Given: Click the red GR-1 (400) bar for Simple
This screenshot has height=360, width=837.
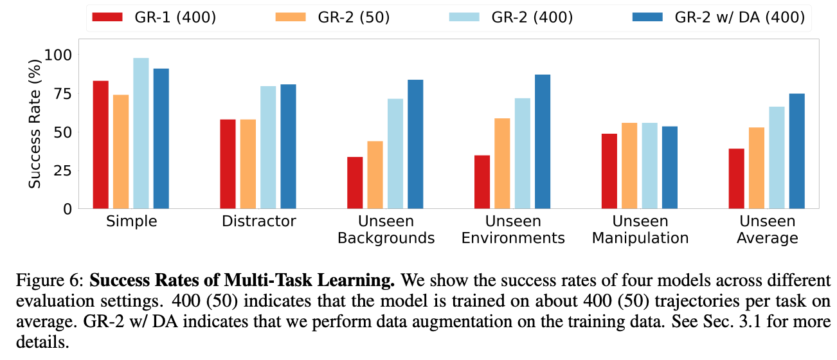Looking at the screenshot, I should pos(100,145).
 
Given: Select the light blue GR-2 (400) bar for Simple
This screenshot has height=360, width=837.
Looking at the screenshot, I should pos(141,133).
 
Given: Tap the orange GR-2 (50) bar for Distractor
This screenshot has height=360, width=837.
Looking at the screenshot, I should pos(248,164).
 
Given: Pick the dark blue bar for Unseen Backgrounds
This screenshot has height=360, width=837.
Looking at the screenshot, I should pos(415,144).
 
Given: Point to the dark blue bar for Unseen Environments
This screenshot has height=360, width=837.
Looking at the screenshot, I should pos(543,141).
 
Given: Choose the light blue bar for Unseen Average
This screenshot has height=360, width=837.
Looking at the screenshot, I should pos(777,157).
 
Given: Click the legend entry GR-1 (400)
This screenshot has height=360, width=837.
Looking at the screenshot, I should pos(154,17).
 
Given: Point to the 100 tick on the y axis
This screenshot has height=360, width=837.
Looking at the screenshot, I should pos(58,55).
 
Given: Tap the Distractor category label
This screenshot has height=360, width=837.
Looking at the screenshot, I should pos(259,222).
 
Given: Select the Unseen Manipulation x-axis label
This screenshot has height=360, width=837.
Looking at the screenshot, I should pos(640,230).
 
